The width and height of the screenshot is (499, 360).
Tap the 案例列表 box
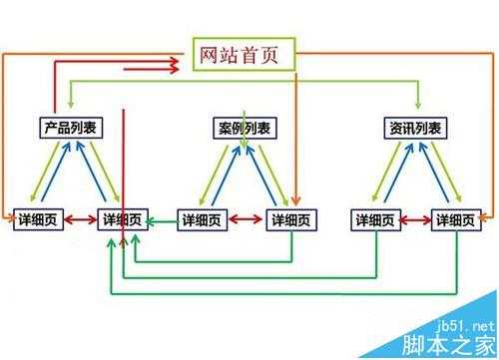tap(246, 128)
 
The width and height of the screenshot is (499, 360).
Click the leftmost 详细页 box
tap(40, 218)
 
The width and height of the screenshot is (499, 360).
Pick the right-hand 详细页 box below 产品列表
tap(124, 218)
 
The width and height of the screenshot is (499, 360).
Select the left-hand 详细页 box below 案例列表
tap(205, 218)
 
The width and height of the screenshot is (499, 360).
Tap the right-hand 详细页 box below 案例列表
tap(290, 218)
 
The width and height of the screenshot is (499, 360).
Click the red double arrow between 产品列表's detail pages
tap(82, 218)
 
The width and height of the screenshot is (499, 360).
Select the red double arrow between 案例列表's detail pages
tap(248, 218)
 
